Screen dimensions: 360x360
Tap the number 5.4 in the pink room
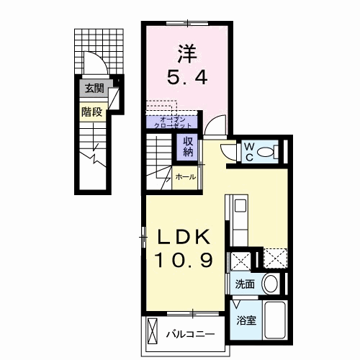189,77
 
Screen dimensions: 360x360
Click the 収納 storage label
189,146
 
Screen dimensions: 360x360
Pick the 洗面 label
245,284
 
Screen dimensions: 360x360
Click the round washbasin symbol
271,283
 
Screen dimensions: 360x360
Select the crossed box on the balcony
152,333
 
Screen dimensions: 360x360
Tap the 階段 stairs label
91,112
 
